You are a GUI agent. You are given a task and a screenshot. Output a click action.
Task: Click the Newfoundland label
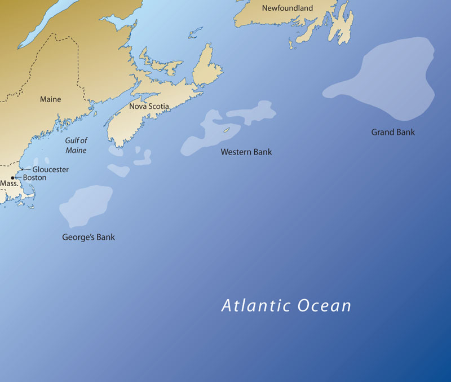[x=287, y=8]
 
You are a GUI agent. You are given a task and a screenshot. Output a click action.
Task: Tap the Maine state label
[x=50, y=99]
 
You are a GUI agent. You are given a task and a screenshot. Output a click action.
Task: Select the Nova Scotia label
[x=149, y=106]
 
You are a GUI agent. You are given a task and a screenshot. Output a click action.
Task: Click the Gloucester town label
[x=50, y=169]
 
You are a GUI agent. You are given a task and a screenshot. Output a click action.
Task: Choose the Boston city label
[x=34, y=177]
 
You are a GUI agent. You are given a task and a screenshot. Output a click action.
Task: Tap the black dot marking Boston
[x=13, y=178]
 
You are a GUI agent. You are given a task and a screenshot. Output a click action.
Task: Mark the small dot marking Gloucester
[x=22, y=169]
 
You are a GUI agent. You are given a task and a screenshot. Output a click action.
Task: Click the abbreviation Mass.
[x=9, y=184]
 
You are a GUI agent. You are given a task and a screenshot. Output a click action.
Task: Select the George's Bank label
[x=89, y=237]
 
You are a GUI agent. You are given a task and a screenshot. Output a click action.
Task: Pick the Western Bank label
[x=246, y=152]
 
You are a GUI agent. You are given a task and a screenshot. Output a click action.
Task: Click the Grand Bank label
[x=392, y=132]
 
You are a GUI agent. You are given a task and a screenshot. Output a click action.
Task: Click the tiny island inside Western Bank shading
[x=227, y=130]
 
